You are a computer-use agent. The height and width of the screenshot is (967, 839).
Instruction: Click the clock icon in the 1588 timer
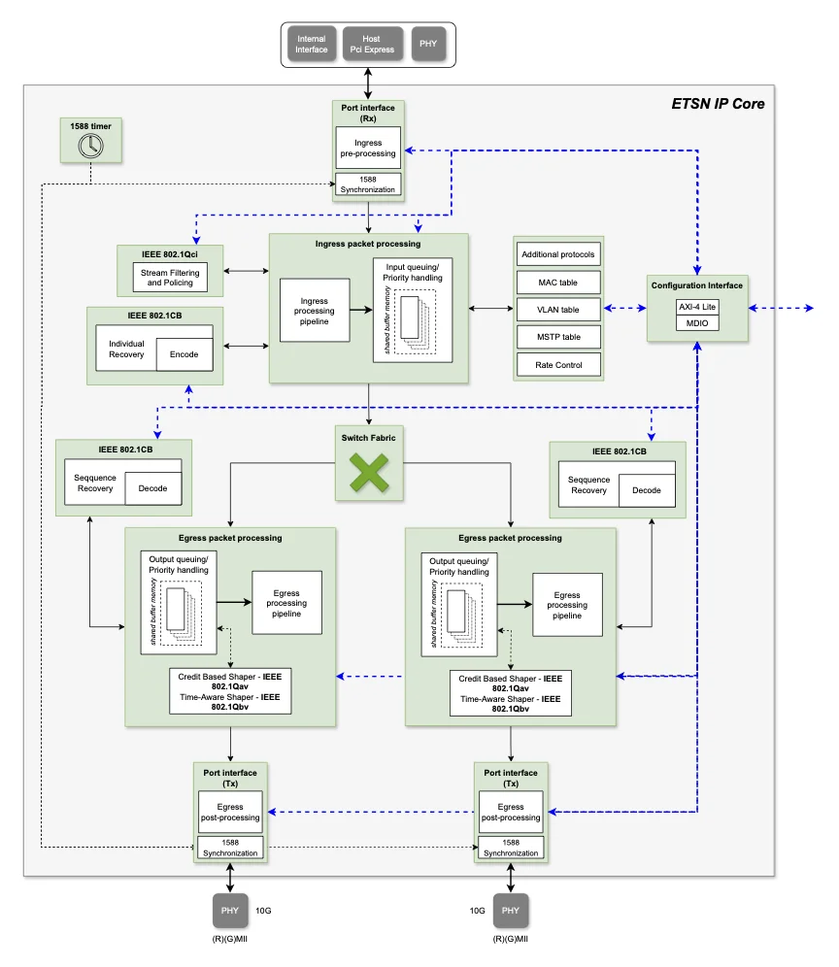tap(90, 147)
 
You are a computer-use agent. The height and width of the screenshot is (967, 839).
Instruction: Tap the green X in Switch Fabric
tap(369, 473)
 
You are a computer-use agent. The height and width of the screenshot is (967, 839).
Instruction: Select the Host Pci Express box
tap(372, 44)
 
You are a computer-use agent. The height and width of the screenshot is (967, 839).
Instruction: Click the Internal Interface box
tap(312, 44)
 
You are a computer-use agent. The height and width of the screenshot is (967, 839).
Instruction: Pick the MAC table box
tap(558, 283)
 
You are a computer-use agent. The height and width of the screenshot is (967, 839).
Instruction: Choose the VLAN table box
tap(558, 310)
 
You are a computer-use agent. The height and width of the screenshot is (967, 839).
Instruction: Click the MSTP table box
tap(558, 337)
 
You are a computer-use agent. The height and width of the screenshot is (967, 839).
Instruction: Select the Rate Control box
tap(558, 364)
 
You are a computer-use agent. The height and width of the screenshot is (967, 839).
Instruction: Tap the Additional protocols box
tap(558, 254)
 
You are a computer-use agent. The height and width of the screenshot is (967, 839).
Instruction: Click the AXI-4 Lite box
tap(697, 307)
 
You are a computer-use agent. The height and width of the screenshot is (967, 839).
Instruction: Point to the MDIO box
tap(697, 323)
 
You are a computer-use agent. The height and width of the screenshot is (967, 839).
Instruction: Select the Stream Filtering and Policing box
tap(170, 278)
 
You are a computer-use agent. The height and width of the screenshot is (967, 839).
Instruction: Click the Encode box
tap(185, 354)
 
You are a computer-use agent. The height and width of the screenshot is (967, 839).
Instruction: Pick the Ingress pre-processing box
tap(368, 148)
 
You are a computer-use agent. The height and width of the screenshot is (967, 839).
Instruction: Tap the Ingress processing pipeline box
tap(315, 311)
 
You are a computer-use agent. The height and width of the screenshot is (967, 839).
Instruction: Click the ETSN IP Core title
tap(718, 104)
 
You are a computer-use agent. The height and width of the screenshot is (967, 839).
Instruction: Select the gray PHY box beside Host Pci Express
tap(429, 44)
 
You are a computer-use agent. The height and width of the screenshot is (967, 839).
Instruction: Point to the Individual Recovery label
tap(126, 350)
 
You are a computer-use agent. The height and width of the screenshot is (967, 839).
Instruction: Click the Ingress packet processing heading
tap(368, 244)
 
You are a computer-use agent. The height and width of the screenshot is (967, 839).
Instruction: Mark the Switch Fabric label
tap(369, 438)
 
